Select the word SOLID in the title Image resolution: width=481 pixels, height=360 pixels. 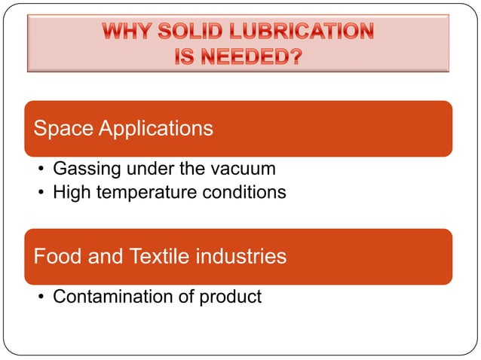(196, 32)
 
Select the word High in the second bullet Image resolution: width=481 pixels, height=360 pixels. (69, 192)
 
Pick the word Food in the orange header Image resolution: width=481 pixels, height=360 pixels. (57, 256)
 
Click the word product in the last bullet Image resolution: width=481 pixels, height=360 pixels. (229, 296)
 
